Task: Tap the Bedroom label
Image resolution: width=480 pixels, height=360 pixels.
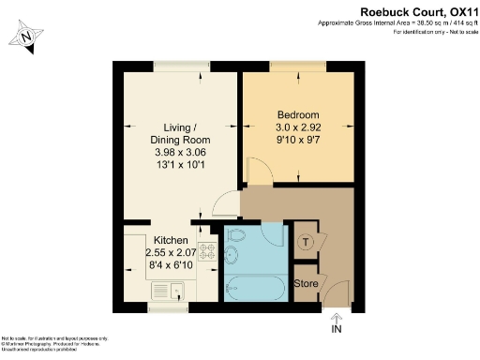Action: click(x=297, y=114)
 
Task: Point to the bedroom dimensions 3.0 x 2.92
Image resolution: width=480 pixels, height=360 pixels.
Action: click(x=297, y=127)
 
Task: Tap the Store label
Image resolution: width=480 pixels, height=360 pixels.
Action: click(x=307, y=283)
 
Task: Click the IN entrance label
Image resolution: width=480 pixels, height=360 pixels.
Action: click(x=337, y=329)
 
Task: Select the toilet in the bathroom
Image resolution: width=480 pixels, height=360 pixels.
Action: click(x=235, y=235)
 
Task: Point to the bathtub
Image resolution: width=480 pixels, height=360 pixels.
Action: click(x=254, y=287)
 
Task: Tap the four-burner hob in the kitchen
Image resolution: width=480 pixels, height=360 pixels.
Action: click(x=205, y=252)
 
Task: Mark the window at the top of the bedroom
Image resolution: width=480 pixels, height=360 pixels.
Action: click(x=298, y=65)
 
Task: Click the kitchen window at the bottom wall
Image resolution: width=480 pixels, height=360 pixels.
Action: click(x=166, y=307)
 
